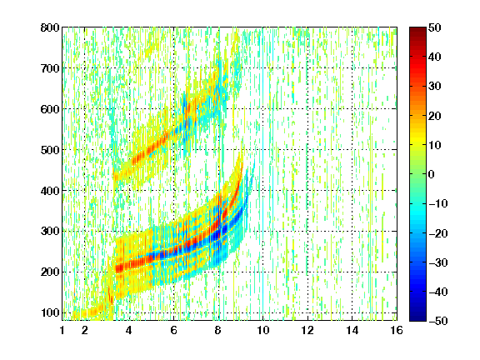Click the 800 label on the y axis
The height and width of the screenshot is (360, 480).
click(50, 27)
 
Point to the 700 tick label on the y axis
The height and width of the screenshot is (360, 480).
click(50, 68)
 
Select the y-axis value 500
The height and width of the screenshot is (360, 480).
click(50, 150)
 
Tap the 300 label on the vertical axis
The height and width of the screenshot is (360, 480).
click(50, 232)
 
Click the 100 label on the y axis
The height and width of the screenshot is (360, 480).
click(50, 312)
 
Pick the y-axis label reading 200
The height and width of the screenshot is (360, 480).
click(50, 272)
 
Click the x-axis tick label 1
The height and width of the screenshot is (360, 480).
click(62, 330)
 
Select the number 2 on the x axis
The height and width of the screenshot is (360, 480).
click(85, 330)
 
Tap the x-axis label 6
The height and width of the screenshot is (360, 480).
click(173, 330)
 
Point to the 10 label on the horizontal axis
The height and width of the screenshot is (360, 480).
click(263, 330)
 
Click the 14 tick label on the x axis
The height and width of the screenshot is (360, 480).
click(352, 330)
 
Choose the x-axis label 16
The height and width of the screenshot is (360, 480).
click(397, 330)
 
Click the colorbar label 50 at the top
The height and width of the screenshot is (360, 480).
click(435, 27)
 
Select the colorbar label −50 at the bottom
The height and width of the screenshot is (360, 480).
click(438, 321)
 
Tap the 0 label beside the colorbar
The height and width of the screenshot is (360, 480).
click(432, 174)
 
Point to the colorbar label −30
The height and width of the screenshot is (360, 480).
click(438, 262)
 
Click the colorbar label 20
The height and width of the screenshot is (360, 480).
click(435, 116)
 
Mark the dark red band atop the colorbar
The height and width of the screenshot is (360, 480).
click(417, 32)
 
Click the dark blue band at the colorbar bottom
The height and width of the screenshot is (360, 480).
click(417, 315)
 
